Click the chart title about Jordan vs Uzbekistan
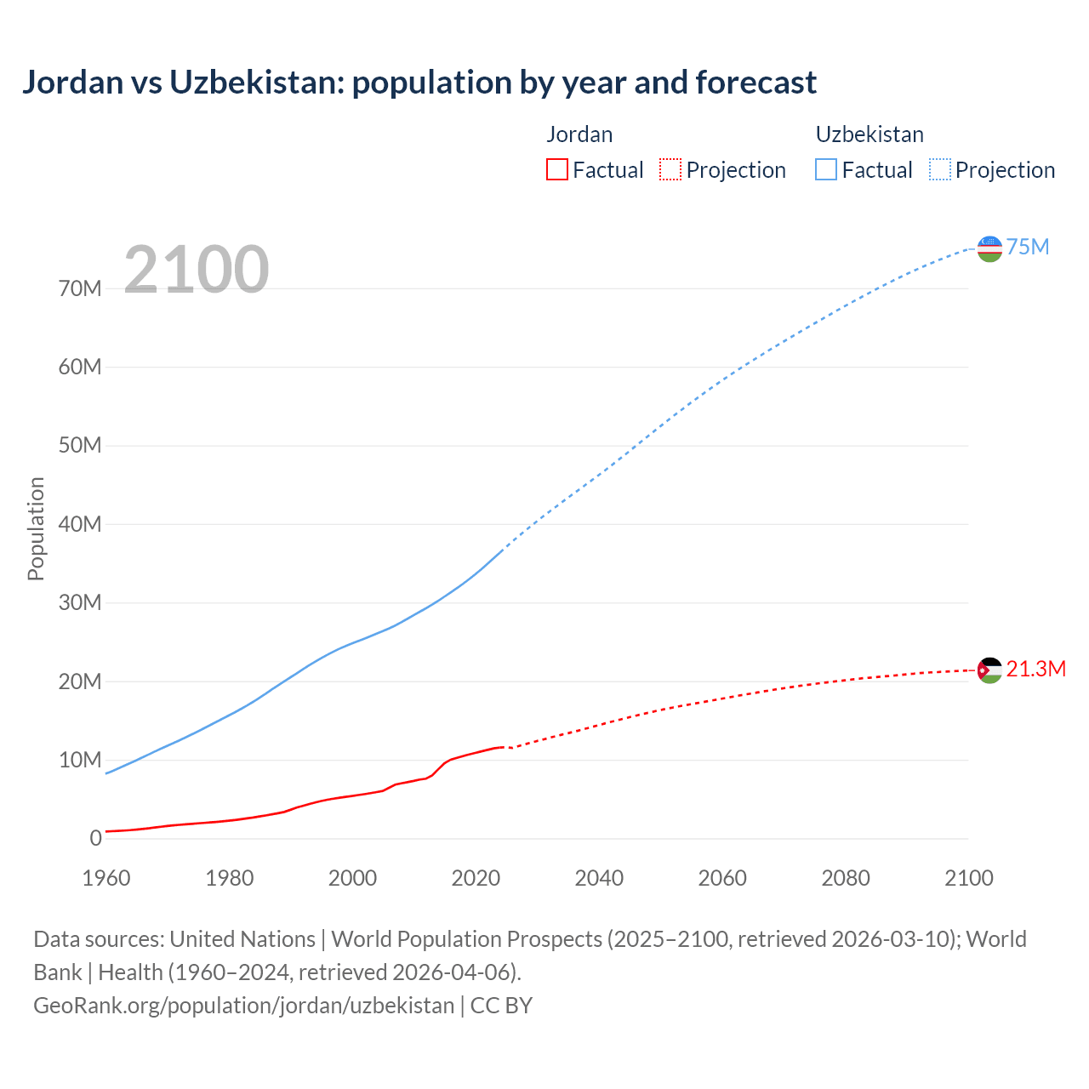(x=419, y=83)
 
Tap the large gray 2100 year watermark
(x=197, y=270)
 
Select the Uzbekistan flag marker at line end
(x=989, y=248)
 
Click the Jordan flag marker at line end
(x=989, y=670)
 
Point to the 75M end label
(x=1028, y=248)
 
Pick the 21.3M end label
(x=1035, y=670)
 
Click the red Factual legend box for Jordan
(x=557, y=170)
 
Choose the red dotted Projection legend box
(x=670, y=170)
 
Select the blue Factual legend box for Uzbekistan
(x=826, y=170)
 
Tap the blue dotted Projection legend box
(x=940, y=170)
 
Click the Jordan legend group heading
(x=579, y=134)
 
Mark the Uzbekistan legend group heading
(x=869, y=134)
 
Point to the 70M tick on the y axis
(x=80, y=289)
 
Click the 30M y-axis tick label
(x=80, y=603)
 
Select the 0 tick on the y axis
(x=95, y=838)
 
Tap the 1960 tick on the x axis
(x=106, y=878)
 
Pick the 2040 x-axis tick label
(x=599, y=878)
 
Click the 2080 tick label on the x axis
(x=846, y=878)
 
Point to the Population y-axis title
(x=36, y=528)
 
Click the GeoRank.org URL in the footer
(x=243, y=1006)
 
